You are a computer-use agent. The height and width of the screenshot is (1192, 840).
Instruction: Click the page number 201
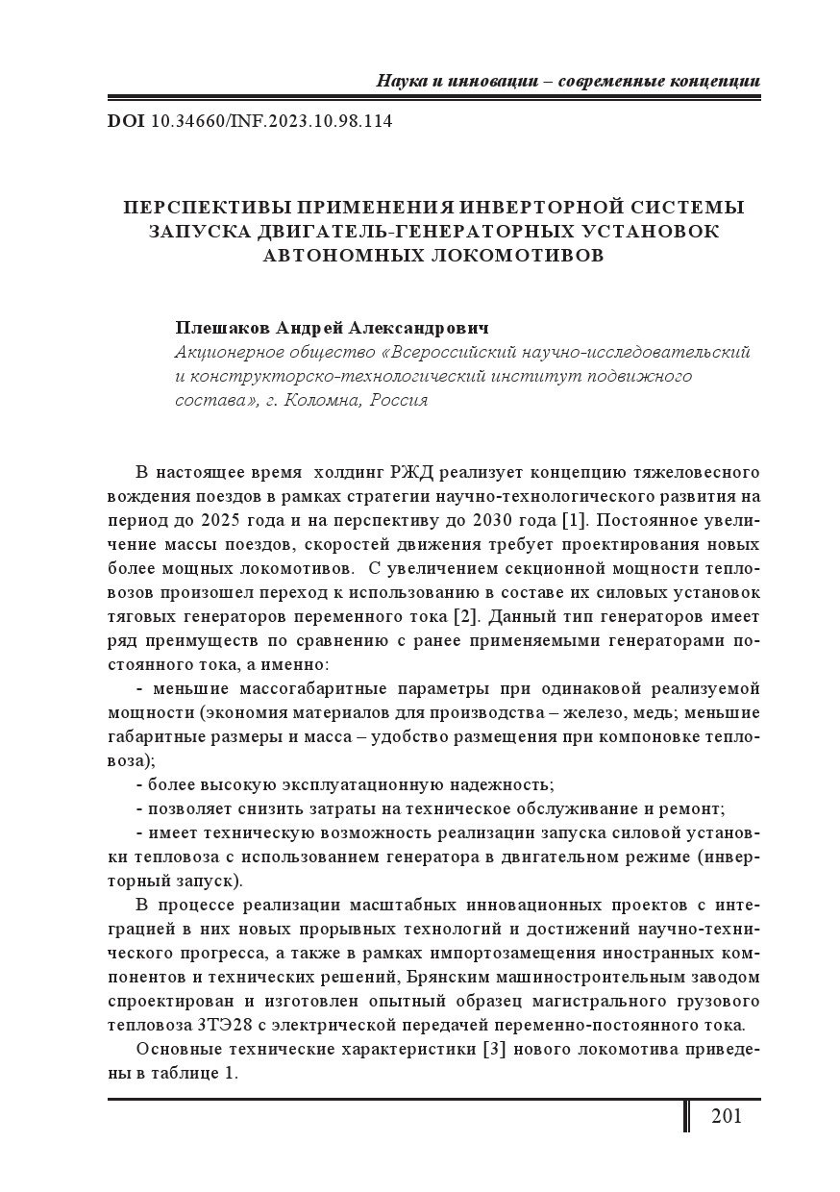point(727,1116)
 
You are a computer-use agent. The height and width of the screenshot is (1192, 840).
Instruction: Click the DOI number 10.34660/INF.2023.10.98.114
point(272,122)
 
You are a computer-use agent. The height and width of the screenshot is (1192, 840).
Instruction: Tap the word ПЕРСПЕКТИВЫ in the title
point(207,208)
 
